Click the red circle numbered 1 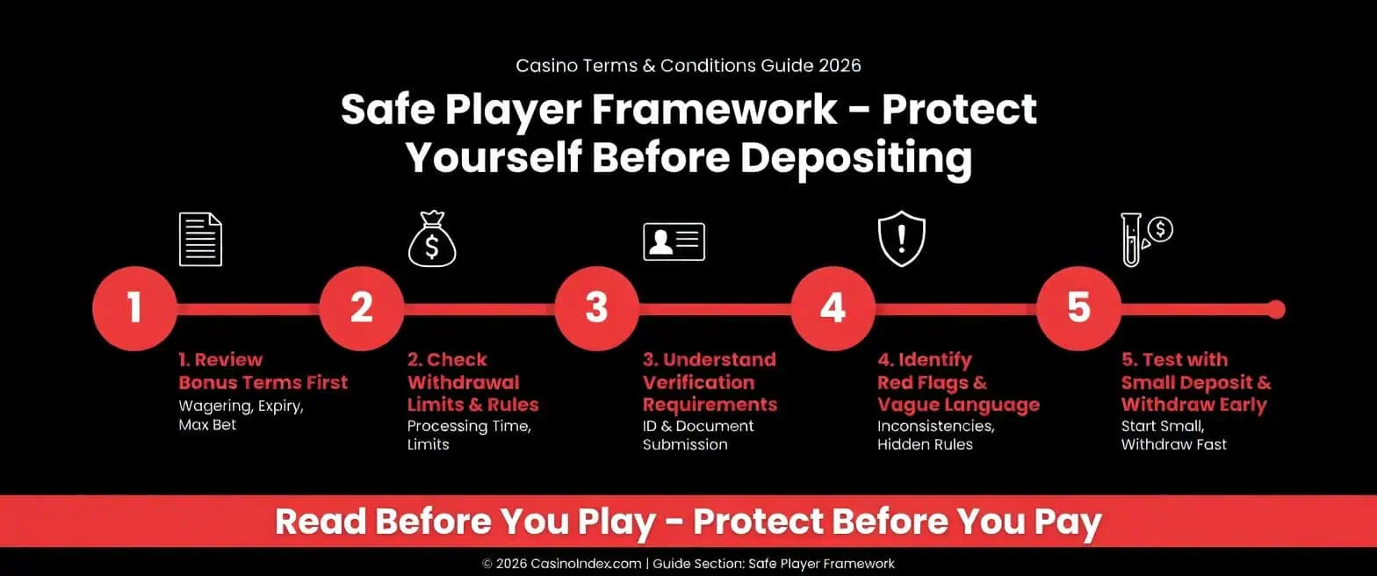click(134, 309)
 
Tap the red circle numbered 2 click(361, 309)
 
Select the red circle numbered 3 click(596, 309)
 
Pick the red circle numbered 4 click(832, 309)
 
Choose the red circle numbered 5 click(1078, 309)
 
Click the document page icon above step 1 click(200, 239)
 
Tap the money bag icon click(432, 241)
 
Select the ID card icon click(674, 241)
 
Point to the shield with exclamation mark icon click(902, 240)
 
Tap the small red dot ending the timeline click(1276, 309)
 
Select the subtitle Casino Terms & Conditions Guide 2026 click(688, 65)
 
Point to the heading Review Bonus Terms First click(263, 371)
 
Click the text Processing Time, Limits click(469, 435)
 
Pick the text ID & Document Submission click(698, 435)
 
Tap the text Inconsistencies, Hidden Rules click(935, 435)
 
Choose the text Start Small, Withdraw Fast click(1173, 435)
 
